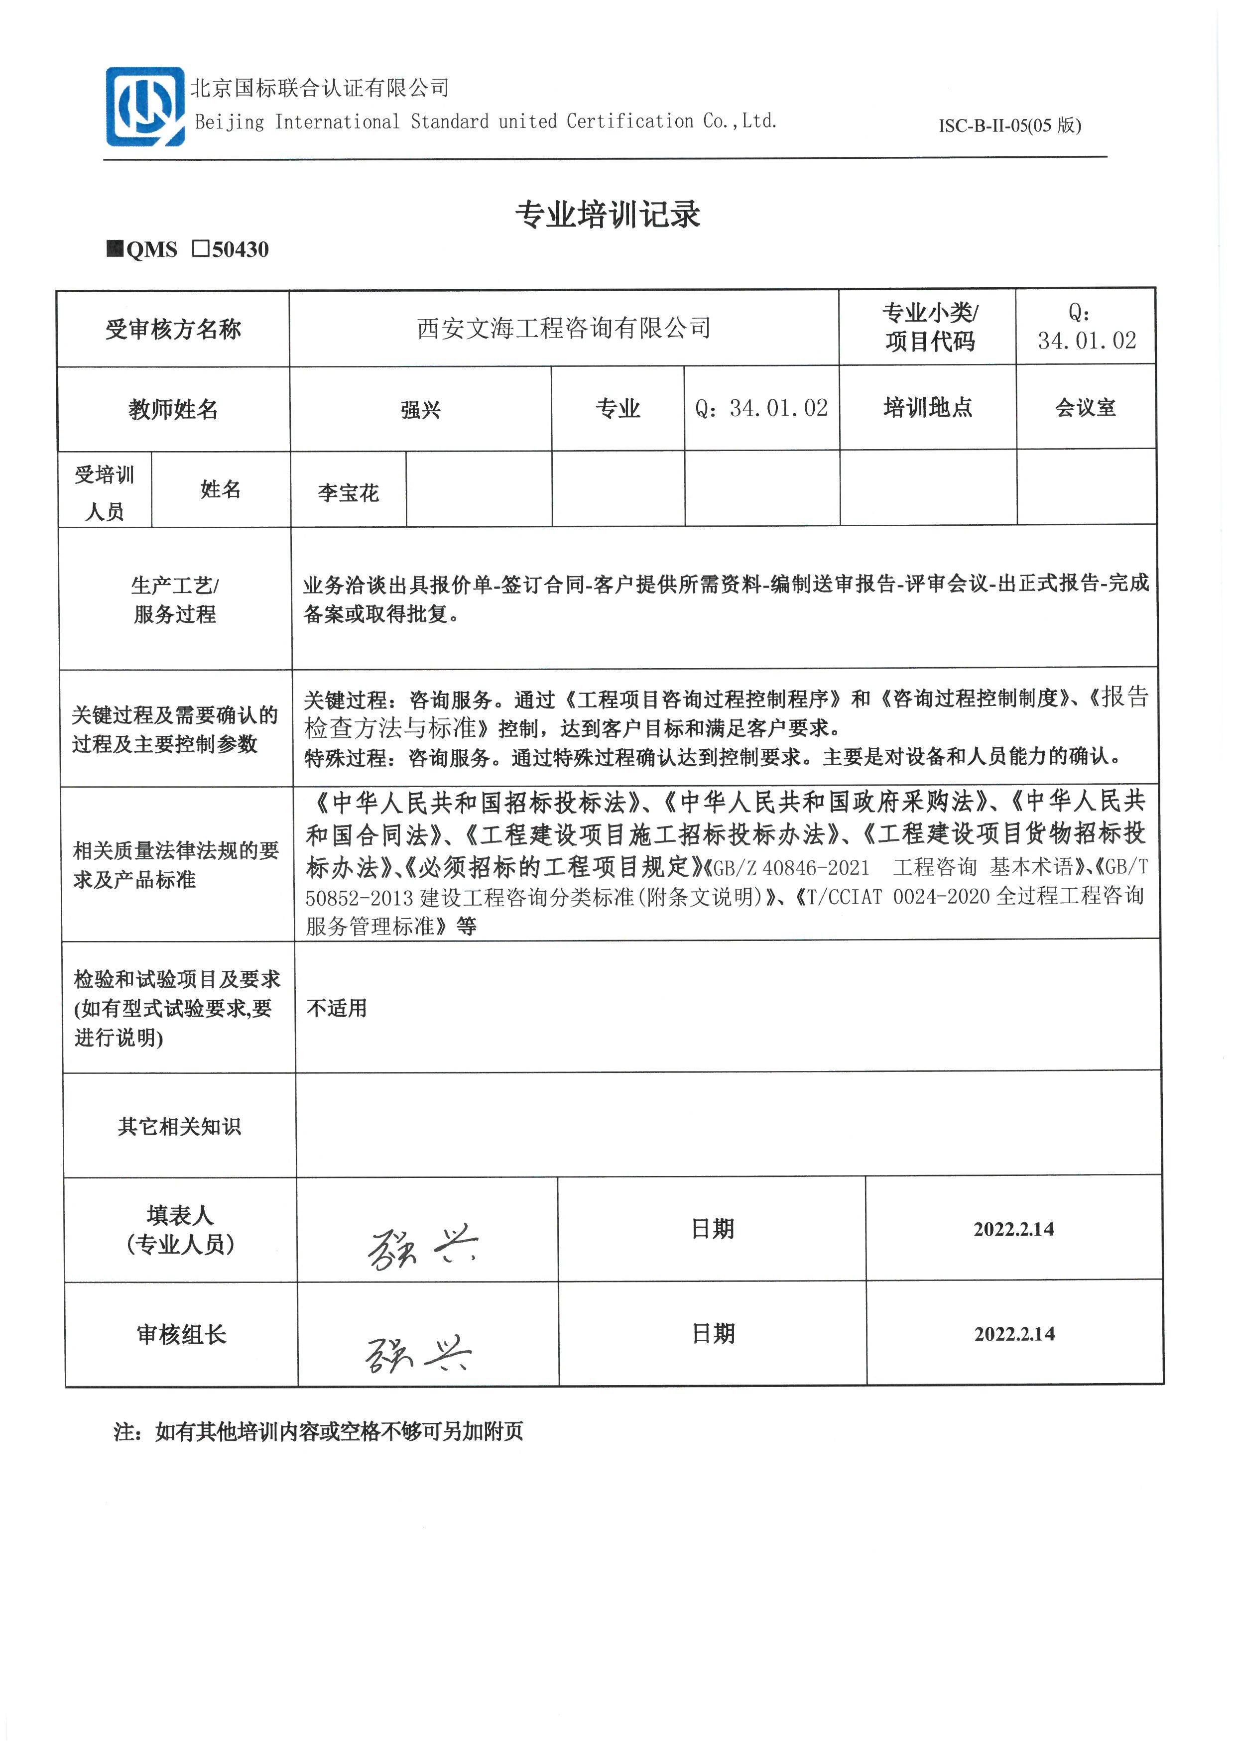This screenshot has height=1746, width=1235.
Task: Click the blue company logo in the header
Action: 144,107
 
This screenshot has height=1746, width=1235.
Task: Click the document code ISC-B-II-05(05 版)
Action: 1009,125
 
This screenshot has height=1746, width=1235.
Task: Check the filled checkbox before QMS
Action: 115,248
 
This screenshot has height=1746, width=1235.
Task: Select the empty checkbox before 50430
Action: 201,248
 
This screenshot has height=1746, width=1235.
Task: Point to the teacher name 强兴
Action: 420,410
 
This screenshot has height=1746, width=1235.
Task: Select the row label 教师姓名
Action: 173,410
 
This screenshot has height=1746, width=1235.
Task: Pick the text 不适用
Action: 337,1008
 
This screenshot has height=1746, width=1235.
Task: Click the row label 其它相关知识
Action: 179,1126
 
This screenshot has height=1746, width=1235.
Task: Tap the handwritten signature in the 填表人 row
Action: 422,1248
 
